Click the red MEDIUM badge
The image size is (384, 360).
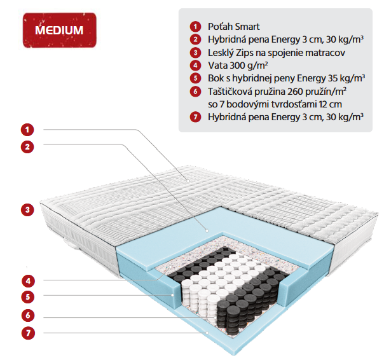pyautogui.click(x=58, y=31)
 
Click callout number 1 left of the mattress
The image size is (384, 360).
pyautogui.click(x=27, y=130)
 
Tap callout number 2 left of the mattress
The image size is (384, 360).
pyautogui.click(x=27, y=147)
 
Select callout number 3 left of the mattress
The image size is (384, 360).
pyautogui.click(x=27, y=209)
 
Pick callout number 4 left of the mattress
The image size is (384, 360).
pyautogui.click(x=27, y=280)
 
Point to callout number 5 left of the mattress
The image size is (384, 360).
pyautogui.click(x=27, y=296)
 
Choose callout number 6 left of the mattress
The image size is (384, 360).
pyautogui.click(x=27, y=315)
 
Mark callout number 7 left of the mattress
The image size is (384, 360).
pyautogui.click(x=27, y=332)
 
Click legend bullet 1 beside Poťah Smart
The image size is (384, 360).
pyautogui.click(x=195, y=26)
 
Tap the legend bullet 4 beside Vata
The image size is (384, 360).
pyautogui.click(x=195, y=65)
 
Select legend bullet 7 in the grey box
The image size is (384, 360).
pyautogui.click(x=195, y=116)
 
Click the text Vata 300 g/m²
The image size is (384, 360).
pyautogui.click(x=237, y=65)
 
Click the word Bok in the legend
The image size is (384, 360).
pyautogui.click(x=216, y=78)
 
